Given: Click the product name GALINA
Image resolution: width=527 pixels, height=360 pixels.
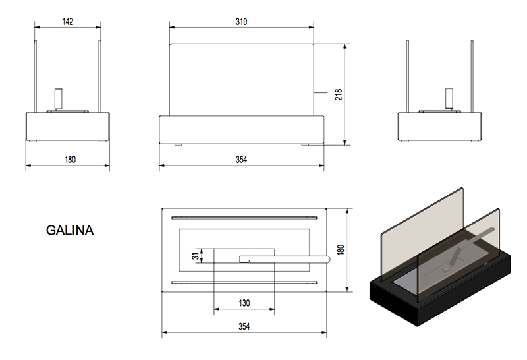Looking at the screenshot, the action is pos(70,231).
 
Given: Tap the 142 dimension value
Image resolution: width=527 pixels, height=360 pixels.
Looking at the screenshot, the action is pos(68,22).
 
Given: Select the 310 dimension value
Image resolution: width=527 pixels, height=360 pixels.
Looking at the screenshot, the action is pos(241,22).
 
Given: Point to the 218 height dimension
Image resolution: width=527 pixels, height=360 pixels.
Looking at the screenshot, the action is pos(339,94).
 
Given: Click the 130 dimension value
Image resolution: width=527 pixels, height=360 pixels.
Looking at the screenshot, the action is pos(244,303).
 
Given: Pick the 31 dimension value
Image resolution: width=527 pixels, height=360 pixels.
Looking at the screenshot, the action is pos(195,256).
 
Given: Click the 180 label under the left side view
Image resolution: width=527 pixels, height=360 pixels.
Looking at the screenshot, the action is pos(70,160).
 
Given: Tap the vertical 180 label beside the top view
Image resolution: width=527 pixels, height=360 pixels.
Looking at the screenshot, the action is pos(341,250).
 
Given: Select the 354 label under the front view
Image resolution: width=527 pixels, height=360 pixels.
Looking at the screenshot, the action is pos(241,160).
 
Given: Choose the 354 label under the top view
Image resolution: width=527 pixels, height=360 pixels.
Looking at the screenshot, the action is pos(244,326).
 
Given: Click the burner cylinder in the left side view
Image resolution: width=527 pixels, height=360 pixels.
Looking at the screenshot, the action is pos(59,99).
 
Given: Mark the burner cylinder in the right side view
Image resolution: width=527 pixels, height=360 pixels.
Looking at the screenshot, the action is pos(449,99).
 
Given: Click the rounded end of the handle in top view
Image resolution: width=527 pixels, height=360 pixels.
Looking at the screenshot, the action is pos(327,259).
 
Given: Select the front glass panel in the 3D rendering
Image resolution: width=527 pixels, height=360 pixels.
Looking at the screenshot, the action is pos(458,256).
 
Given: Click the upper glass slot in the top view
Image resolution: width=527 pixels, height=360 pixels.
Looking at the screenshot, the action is pos(244,218).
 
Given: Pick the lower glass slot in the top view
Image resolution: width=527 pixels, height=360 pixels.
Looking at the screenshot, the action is pos(244,283).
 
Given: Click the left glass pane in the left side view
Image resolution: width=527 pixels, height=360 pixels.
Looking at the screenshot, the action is pos(36,76).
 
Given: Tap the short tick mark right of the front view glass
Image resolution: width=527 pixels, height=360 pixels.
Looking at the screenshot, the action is pos(320,92).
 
